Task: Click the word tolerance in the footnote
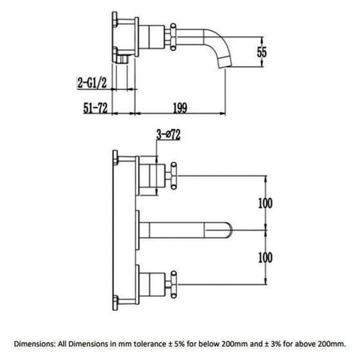click(154, 345)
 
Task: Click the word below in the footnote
click(212, 345)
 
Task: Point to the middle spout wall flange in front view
click(141, 227)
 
